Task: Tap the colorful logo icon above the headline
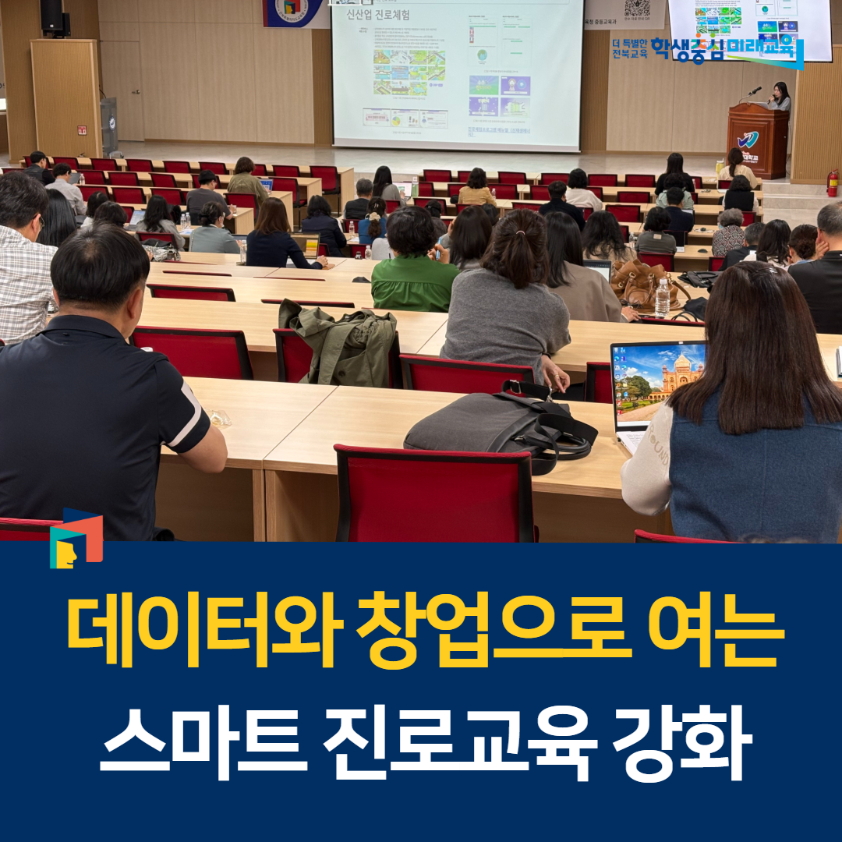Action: click(76, 538)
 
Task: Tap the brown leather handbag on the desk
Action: click(635, 281)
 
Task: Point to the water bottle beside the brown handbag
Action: click(662, 298)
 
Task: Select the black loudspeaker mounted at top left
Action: click(51, 16)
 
